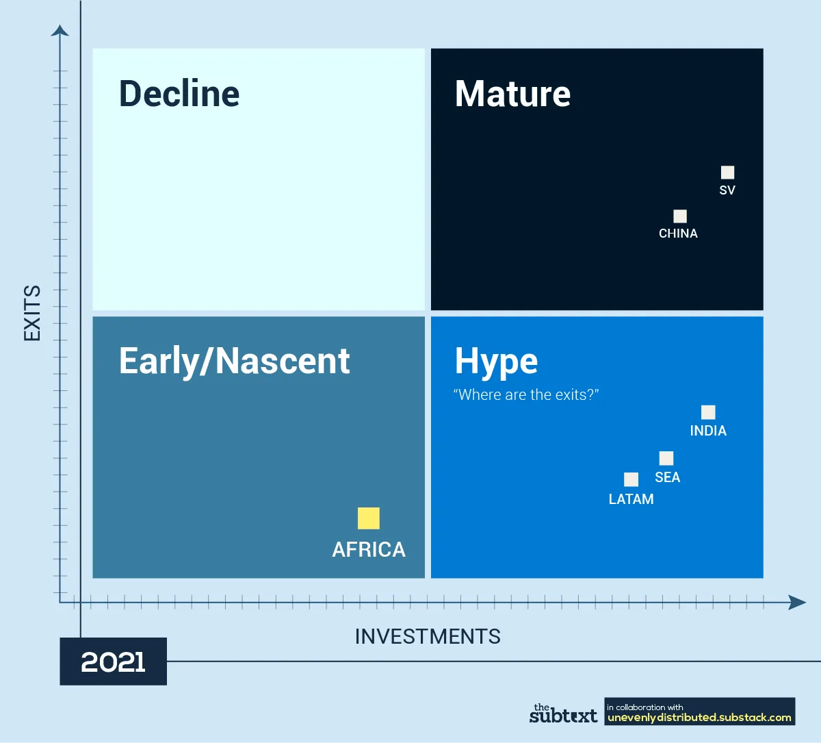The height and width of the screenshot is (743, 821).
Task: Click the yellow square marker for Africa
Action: pyautogui.click(x=368, y=518)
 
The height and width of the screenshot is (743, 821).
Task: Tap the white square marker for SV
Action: pyautogui.click(x=727, y=173)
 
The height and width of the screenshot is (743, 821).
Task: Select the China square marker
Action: pyautogui.click(x=680, y=216)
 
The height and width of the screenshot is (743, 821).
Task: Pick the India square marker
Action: pyautogui.click(x=708, y=412)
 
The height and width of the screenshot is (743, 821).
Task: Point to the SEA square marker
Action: pyautogui.click(x=666, y=458)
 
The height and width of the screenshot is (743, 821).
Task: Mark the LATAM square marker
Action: pyautogui.click(x=631, y=479)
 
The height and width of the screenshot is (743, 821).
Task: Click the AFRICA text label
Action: pyautogui.click(x=369, y=550)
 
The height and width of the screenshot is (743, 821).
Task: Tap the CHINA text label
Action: pyautogui.click(x=678, y=234)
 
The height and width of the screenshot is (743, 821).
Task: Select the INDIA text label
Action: pyautogui.click(x=708, y=431)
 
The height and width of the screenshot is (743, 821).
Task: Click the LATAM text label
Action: pyautogui.click(x=631, y=499)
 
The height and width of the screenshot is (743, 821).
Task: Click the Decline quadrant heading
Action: pyautogui.click(x=179, y=94)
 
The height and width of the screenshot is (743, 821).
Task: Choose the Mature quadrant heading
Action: pyautogui.click(x=513, y=94)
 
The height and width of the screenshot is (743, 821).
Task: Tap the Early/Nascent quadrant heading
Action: pyautogui.click(x=235, y=362)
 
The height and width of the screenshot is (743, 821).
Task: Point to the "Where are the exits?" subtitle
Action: pyautogui.click(x=526, y=394)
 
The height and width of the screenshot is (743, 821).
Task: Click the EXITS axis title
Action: pyautogui.click(x=32, y=313)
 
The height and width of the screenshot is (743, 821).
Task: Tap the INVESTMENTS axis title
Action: pyautogui.click(x=428, y=636)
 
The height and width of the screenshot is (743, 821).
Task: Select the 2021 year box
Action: pyautogui.click(x=114, y=662)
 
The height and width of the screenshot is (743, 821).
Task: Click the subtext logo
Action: pyautogui.click(x=563, y=713)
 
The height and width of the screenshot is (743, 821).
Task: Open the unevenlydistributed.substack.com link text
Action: pyautogui.click(x=699, y=718)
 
